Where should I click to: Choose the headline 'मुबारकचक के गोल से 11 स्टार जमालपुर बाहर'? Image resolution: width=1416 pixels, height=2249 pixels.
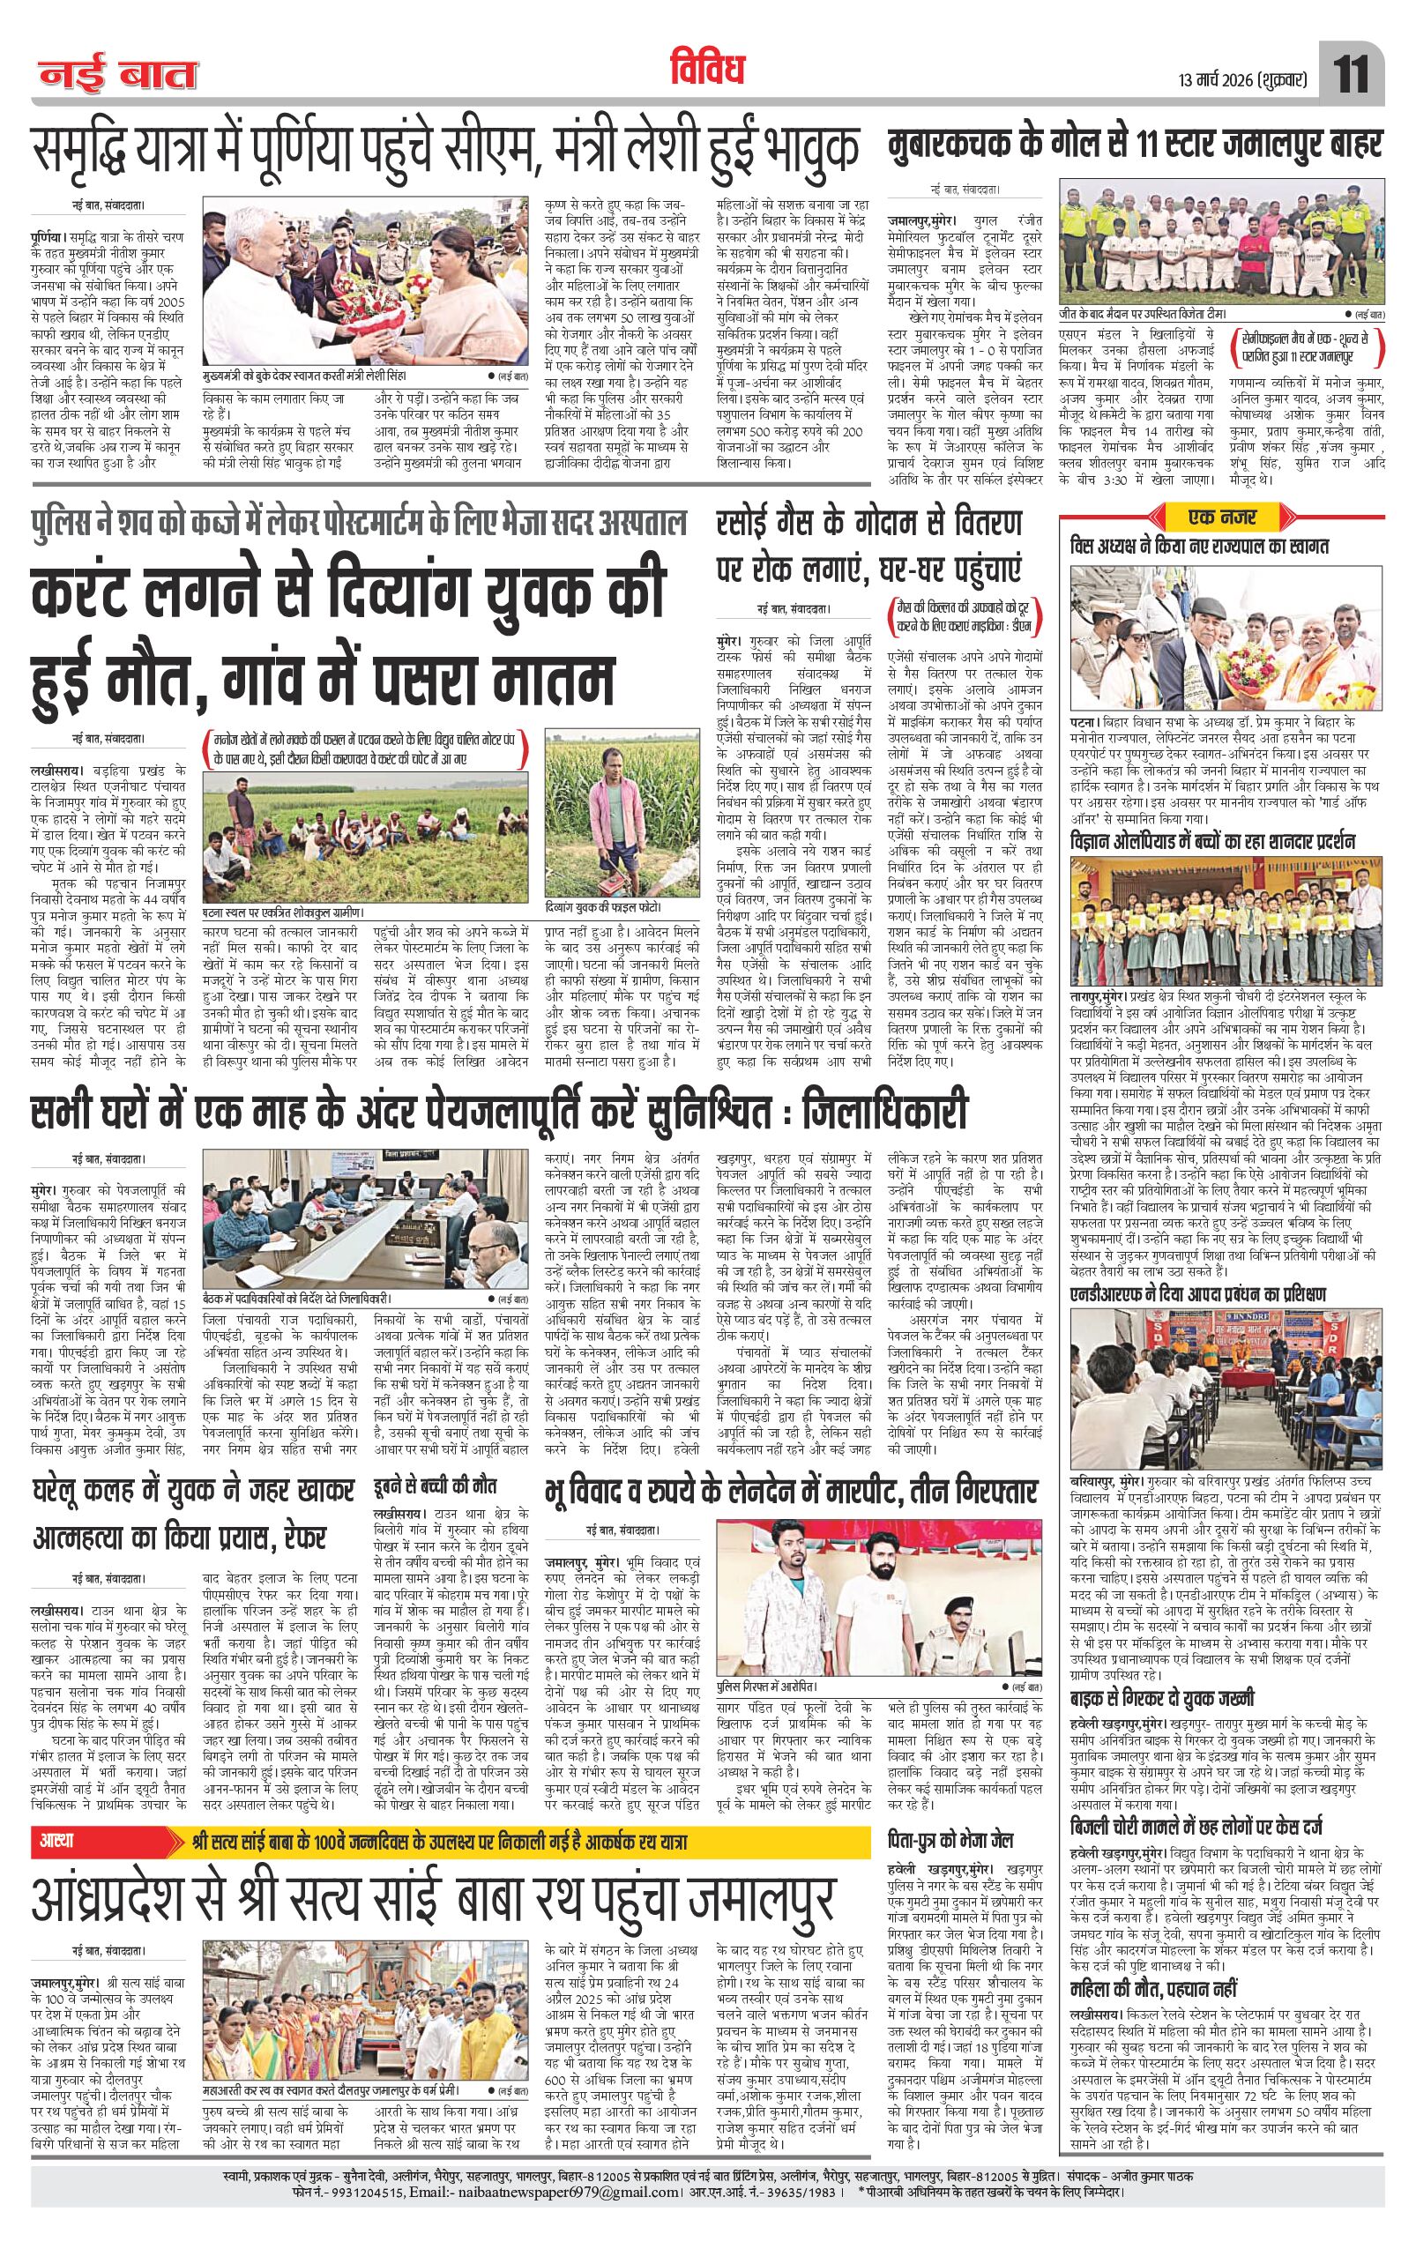[1136, 146]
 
